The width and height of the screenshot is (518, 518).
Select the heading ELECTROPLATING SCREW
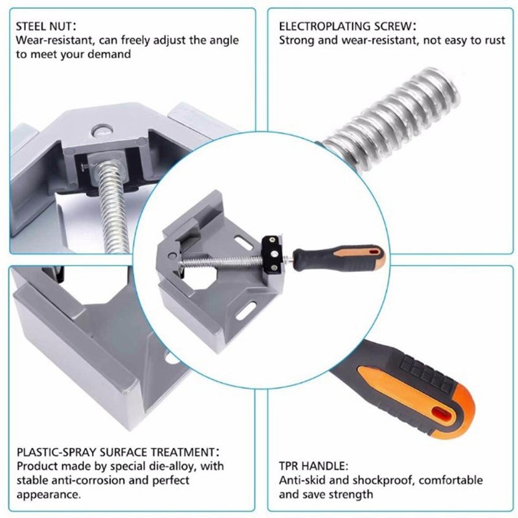[347, 27]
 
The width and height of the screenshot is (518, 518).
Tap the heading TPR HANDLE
[313, 466]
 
